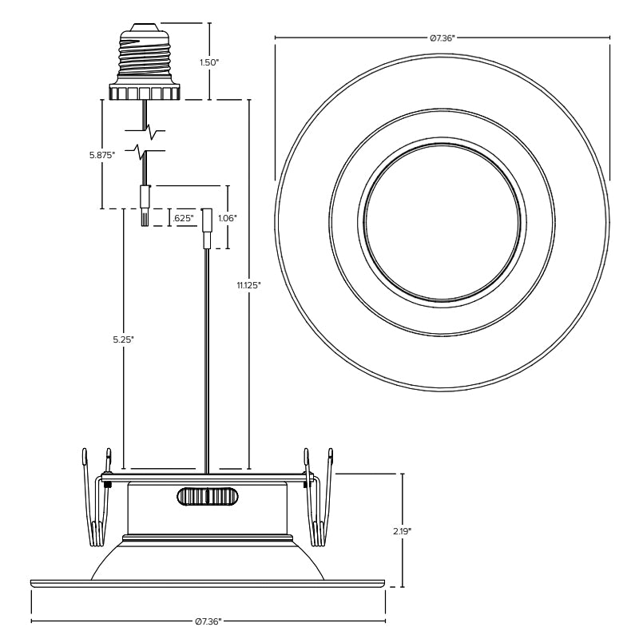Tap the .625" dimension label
point(183,217)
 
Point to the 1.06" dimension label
point(228,217)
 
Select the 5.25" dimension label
point(123,339)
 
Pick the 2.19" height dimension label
point(402,530)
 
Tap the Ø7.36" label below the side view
point(208,621)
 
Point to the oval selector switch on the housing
point(208,497)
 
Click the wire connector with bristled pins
point(145,206)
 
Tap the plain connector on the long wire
point(206,228)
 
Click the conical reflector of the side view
point(208,559)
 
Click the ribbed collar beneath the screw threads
point(146,93)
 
